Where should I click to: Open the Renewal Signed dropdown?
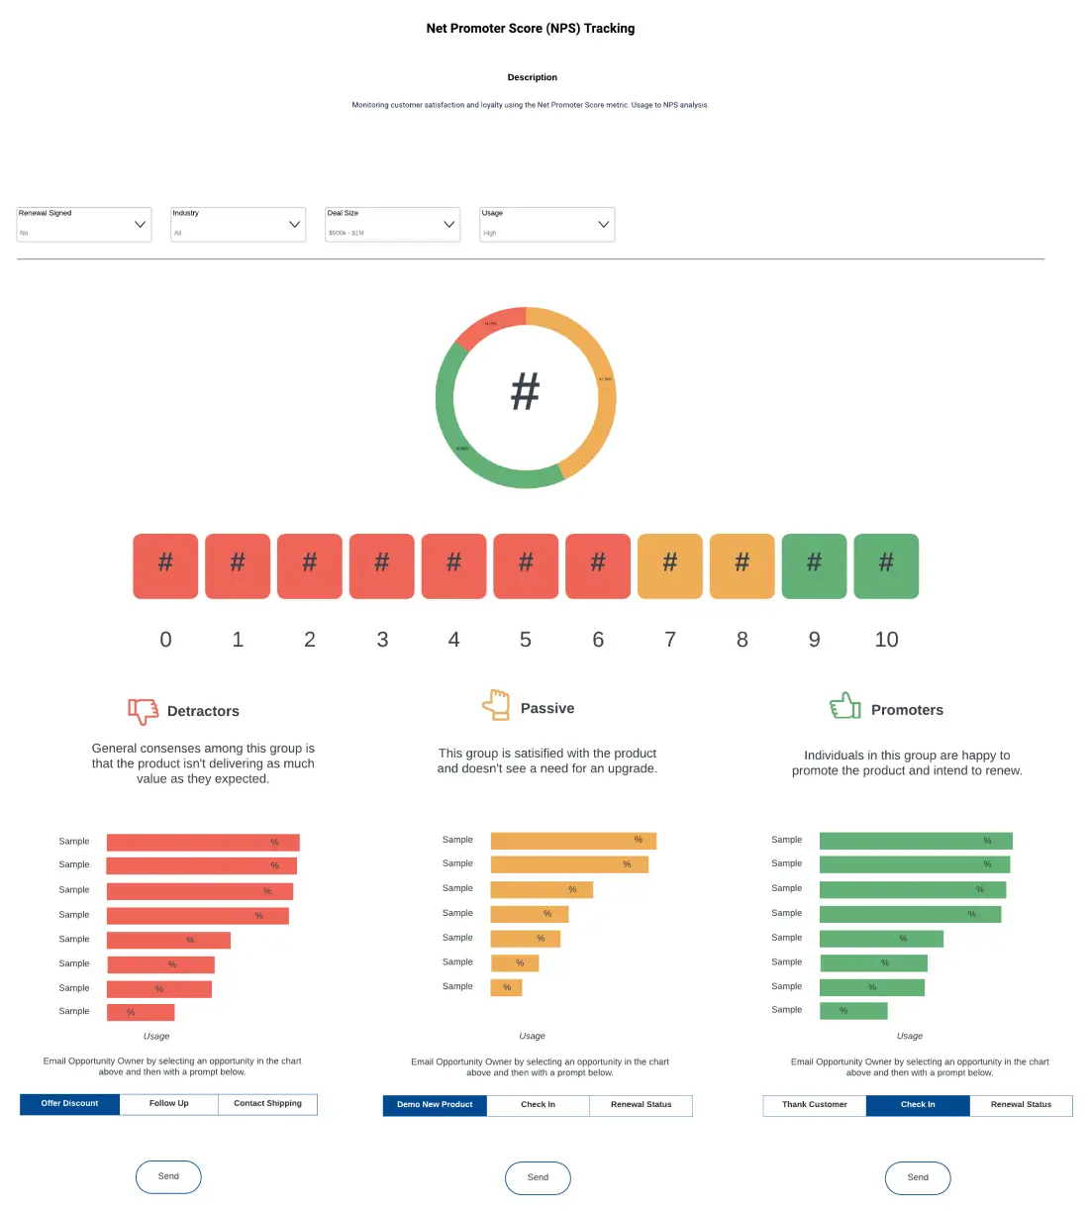84,225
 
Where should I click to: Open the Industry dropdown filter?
239,225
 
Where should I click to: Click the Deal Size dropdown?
393,225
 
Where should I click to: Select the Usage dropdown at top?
547,225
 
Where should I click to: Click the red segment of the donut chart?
489,326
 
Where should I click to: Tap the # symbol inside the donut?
525,392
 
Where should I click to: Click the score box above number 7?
670,566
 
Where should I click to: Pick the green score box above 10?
886,566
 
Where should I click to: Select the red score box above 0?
165,566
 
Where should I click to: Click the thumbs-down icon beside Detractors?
144,711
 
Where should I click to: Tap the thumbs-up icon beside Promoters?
845,706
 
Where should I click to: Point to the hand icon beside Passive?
496,705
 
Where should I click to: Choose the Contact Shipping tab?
267,1104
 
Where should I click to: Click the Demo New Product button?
435,1105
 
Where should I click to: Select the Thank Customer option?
815,1105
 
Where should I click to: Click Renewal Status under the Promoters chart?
1021,1105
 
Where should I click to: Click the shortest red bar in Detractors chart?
141,1012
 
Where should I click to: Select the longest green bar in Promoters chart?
916,841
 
